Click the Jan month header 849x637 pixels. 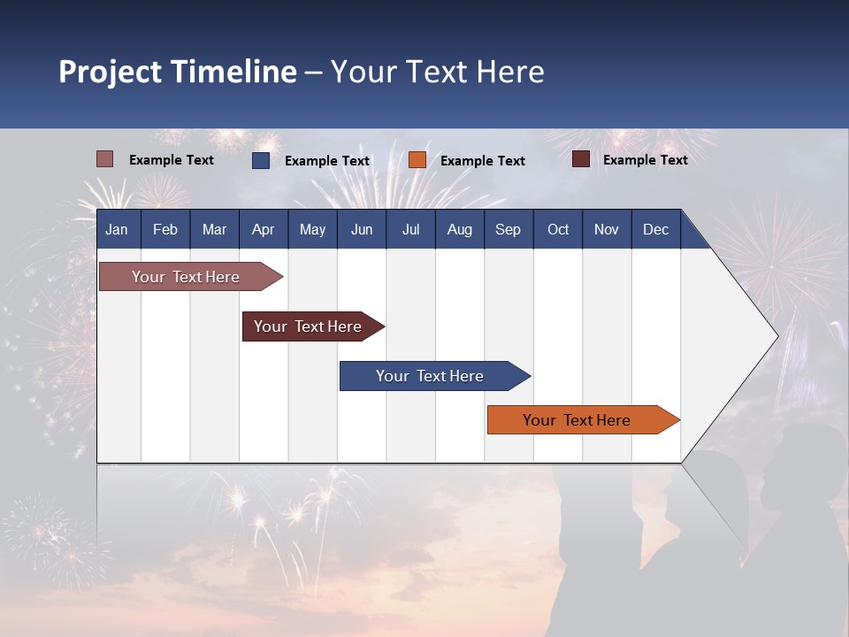(117, 230)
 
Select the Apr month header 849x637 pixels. (263, 230)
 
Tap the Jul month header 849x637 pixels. (410, 230)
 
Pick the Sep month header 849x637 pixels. (508, 230)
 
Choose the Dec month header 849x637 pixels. (655, 230)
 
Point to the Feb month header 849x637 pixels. (165, 230)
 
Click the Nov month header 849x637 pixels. (606, 230)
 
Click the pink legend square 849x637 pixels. (104, 159)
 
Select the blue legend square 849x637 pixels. (261, 160)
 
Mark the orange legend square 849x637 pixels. (417, 160)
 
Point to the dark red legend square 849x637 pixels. (581, 159)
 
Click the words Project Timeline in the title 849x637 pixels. (177, 72)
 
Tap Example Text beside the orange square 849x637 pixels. (482, 161)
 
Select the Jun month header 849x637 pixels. (362, 230)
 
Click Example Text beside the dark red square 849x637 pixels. (645, 160)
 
